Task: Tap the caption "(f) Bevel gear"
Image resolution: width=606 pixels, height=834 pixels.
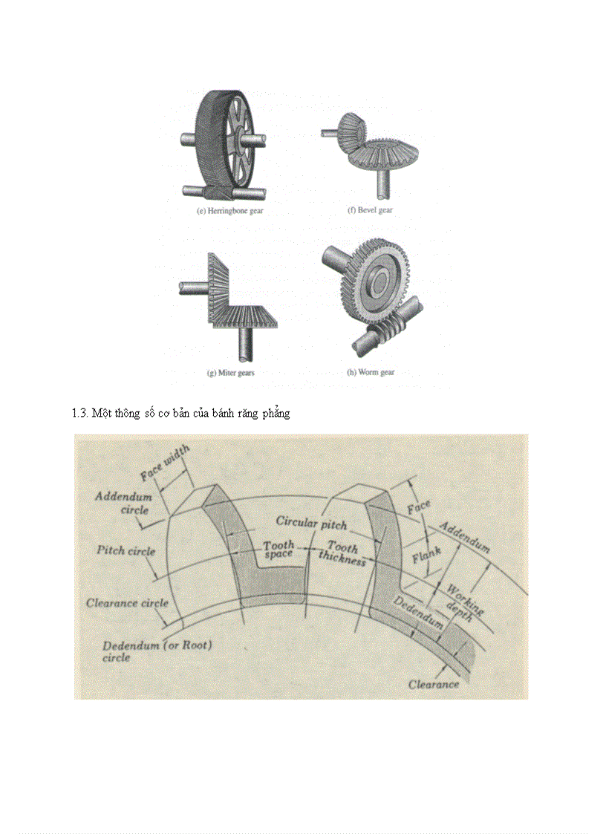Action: (370, 210)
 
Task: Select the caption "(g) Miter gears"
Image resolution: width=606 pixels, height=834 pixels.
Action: (230, 372)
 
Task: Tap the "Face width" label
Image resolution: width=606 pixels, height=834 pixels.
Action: (164, 464)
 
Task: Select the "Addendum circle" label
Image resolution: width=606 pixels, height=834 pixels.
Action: (123, 503)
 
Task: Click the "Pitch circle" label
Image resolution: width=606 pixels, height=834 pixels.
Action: (126, 551)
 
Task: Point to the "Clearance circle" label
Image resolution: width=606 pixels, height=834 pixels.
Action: (127, 602)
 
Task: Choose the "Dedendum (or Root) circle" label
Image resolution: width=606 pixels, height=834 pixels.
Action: (157, 651)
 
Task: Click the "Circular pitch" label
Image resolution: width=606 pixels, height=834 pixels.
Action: (311, 522)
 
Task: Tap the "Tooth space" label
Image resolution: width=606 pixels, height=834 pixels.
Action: (278, 550)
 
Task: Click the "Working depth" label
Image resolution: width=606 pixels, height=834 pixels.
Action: (463, 599)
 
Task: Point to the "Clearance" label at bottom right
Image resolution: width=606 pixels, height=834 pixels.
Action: (434, 684)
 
